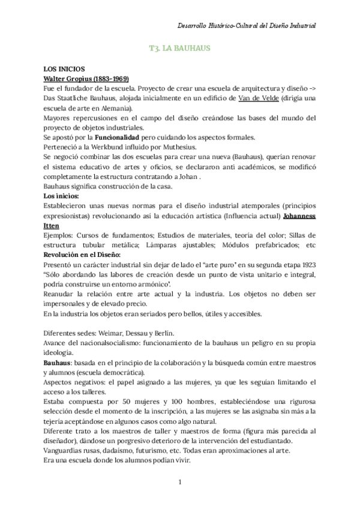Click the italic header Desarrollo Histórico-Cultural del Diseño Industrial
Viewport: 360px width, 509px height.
click(x=247, y=26)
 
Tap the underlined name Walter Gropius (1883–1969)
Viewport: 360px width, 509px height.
click(x=86, y=79)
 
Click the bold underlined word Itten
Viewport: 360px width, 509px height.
click(x=52, y=224)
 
